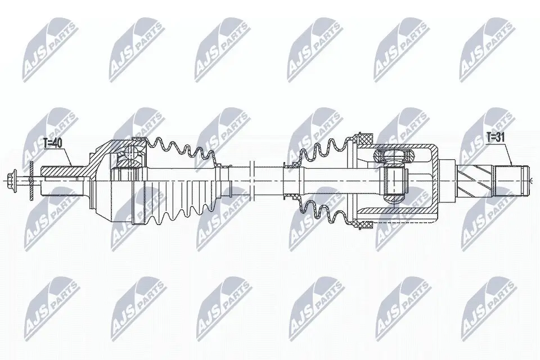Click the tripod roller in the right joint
(394, 181)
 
